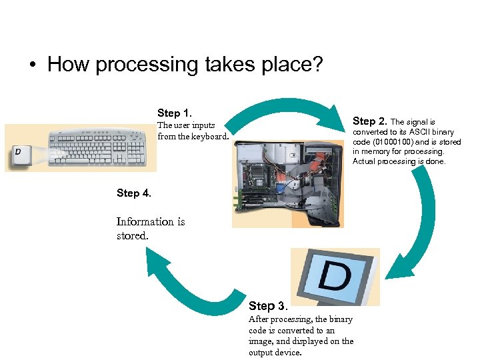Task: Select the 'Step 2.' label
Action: tap(369, 121)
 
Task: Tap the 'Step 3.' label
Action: tap(268, 306)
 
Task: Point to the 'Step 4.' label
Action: tap(134, 193)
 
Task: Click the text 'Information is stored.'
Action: tap(150, 228)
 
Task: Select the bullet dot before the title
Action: tap(32, 66)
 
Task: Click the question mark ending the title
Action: tap(317, 65)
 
